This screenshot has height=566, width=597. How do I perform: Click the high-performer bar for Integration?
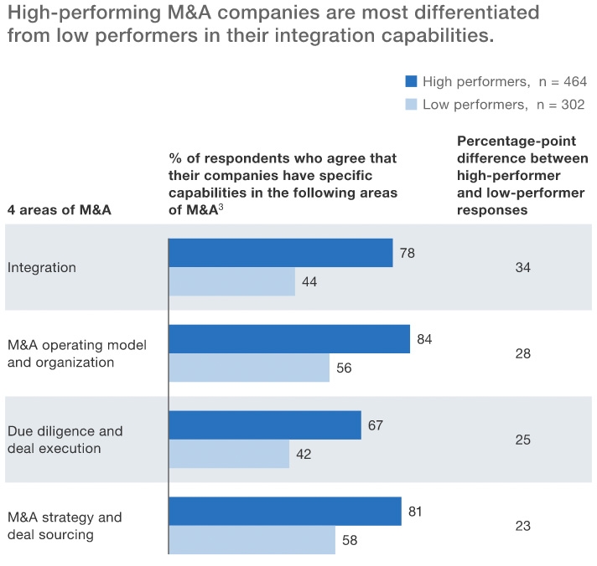[x=281, y=253]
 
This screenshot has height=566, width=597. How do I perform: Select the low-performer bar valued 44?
[x=232, y=282]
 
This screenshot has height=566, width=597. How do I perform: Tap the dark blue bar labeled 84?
[x=289, y=339]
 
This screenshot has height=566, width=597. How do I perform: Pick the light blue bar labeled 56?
[x=249, y=368]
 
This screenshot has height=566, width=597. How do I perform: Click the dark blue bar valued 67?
[x=265, y=425]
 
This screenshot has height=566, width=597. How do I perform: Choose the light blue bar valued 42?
[x=229, y=454]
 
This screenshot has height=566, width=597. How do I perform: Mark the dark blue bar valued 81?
[x=285, y=512]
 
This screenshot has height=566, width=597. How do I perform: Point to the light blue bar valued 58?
[x=252, y=540]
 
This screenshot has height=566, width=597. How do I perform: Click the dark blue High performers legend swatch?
[x=411, y=81]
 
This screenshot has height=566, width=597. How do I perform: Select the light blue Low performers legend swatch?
[x=411, y=105]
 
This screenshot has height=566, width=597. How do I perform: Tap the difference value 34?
[x=523, y=268]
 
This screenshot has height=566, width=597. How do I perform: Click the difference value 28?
[x=523, y=353]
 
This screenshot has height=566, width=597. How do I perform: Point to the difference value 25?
[x=523, y=440]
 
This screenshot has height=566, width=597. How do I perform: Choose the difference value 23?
[x=523, y=526]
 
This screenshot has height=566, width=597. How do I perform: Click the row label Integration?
[x=42, y=268]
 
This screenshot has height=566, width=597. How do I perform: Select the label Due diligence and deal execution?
[x=65, y=440]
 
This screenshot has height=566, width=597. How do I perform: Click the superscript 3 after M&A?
[x=220, y=206]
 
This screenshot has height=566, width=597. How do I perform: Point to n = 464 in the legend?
[x=562, y=81]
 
